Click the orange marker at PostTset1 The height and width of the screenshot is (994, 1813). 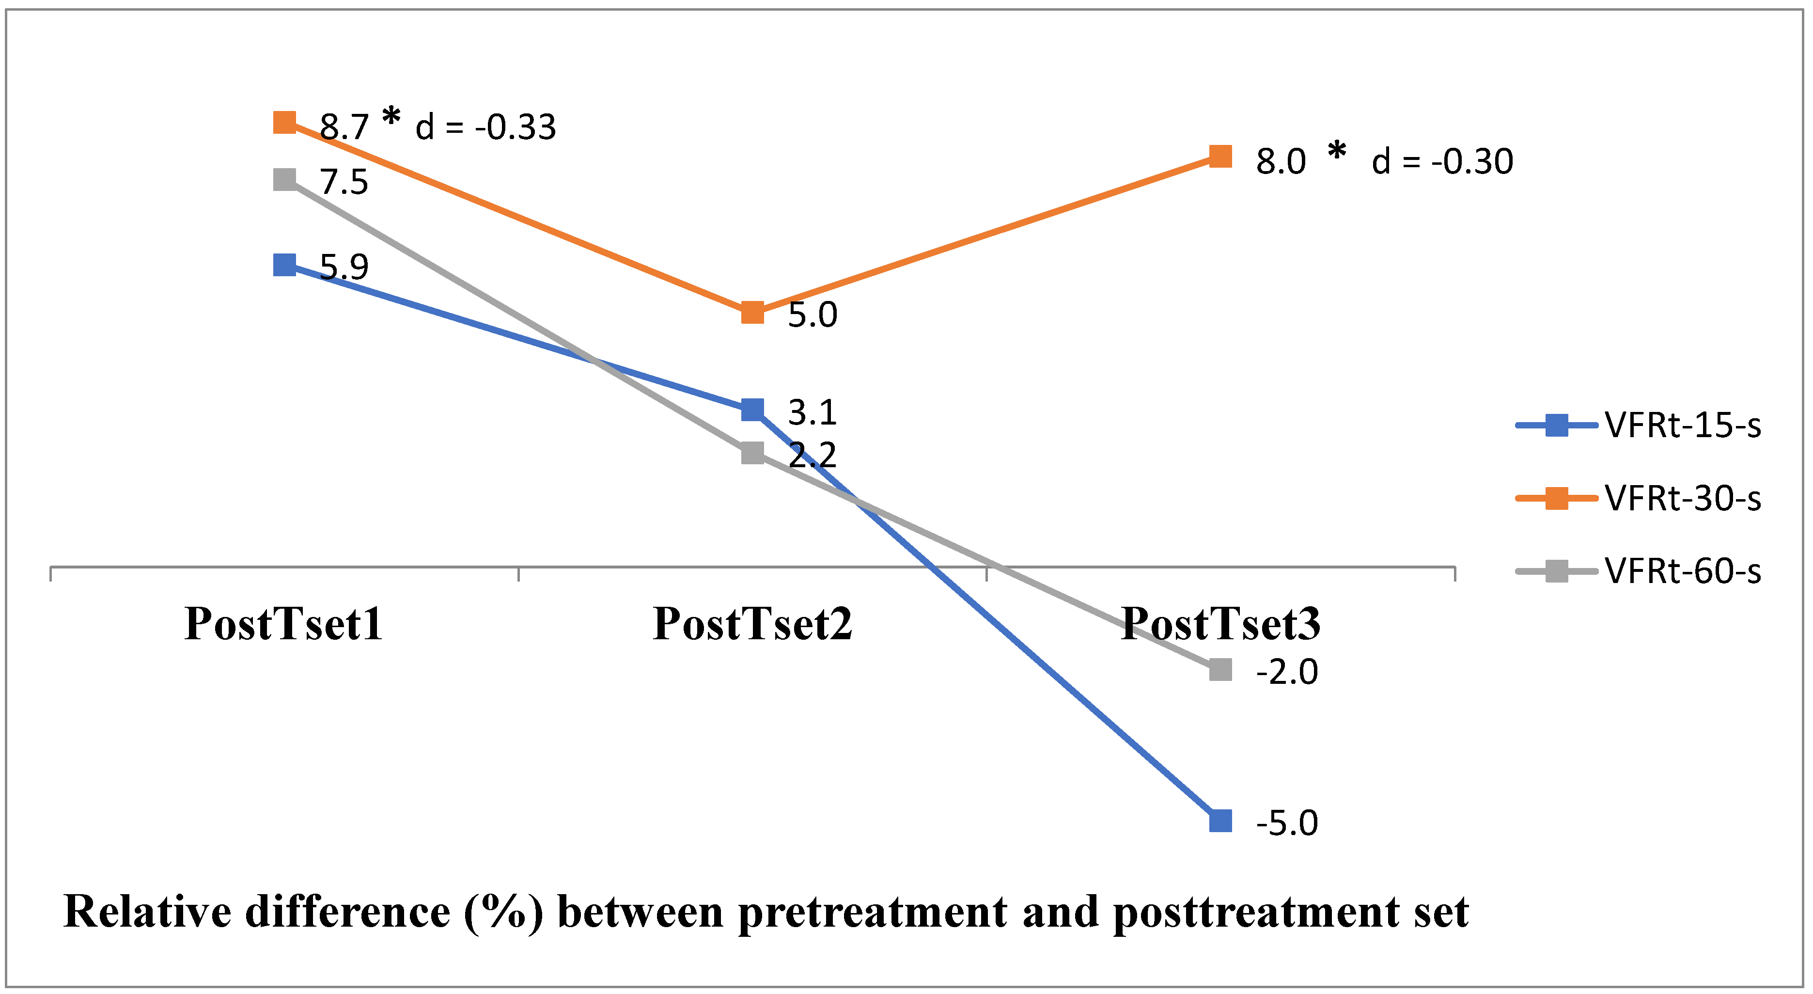(284, 123)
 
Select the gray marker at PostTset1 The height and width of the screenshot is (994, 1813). (284, 179)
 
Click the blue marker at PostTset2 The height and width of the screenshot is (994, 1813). (752, 409)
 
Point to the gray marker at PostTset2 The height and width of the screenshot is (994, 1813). (752, 453)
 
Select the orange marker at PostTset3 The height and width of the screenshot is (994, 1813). (1220, 156)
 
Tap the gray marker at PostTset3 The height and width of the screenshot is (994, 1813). (1220, 669)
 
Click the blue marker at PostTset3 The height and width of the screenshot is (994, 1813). (1220, 821)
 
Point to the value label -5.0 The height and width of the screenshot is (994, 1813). (1286, 823)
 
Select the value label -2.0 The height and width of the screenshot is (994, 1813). (1286, 672)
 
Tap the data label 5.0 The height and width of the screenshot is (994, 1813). (812, 315)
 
